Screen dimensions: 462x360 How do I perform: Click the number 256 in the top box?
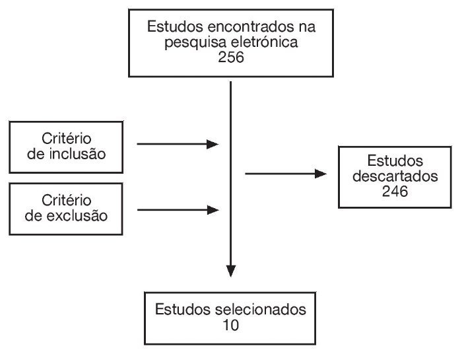(x=230, y=57)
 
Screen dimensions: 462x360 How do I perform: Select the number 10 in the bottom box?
(x=230, y=326)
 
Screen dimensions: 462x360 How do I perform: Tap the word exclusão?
(x=94, y=215)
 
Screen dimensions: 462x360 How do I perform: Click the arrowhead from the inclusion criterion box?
(x=213, y=144)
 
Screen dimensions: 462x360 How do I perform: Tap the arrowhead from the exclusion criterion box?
(x=213, y=210)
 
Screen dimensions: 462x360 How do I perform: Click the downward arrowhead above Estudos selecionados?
(x=230, y=270)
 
